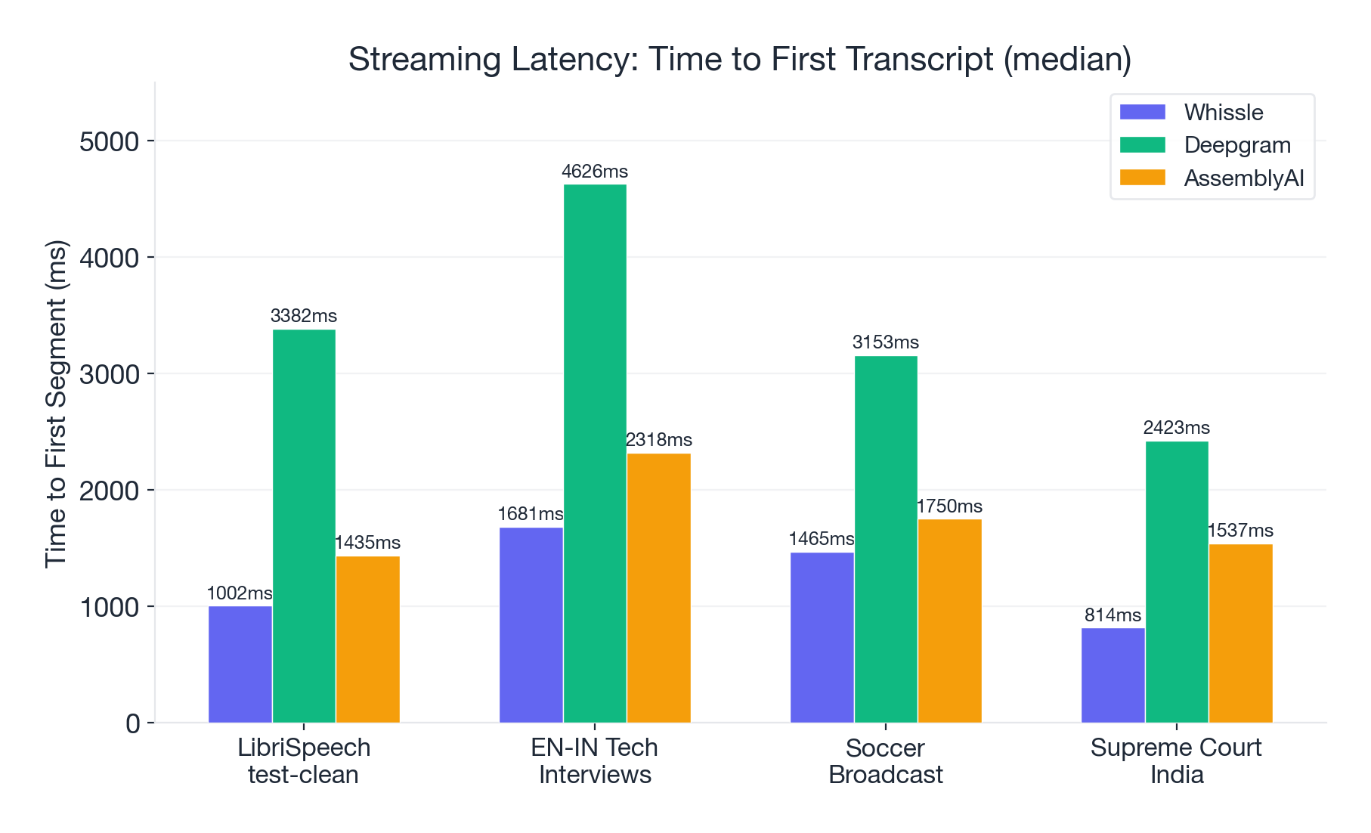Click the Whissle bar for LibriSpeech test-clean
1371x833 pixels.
[x=240, y=664]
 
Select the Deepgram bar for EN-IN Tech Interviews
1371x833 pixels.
[x=595, y=454]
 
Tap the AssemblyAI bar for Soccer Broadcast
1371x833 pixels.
[x=949, y=621]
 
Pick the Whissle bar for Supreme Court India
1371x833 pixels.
[x=1113, y=675]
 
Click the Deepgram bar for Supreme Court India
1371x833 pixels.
[x=1177, y=582]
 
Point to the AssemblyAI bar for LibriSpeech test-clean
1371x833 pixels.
[x=368, y=639]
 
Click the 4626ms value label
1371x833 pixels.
[x=595, y=172]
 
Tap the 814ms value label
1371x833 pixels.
[x=1113, y=615]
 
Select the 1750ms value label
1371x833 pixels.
[x=949, y=506]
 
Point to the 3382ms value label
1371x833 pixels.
[x=304, y=316]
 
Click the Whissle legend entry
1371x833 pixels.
[x=1223, y=113]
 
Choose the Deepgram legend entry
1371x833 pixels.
[x=1236, y=145]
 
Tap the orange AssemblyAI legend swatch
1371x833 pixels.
[x=1142, y=178]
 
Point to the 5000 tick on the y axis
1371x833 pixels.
[x=110, y=141]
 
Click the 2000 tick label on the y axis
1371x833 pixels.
[x=110, y=491]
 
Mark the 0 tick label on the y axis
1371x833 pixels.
[x=133, y=723]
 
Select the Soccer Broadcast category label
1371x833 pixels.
[x=886, y=761]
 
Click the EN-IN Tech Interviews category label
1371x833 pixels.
[x=595, y=761]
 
